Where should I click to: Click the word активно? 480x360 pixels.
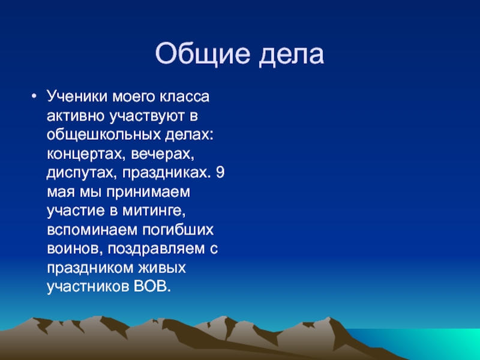click(73, 116)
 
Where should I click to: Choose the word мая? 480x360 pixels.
click(59, 193)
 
